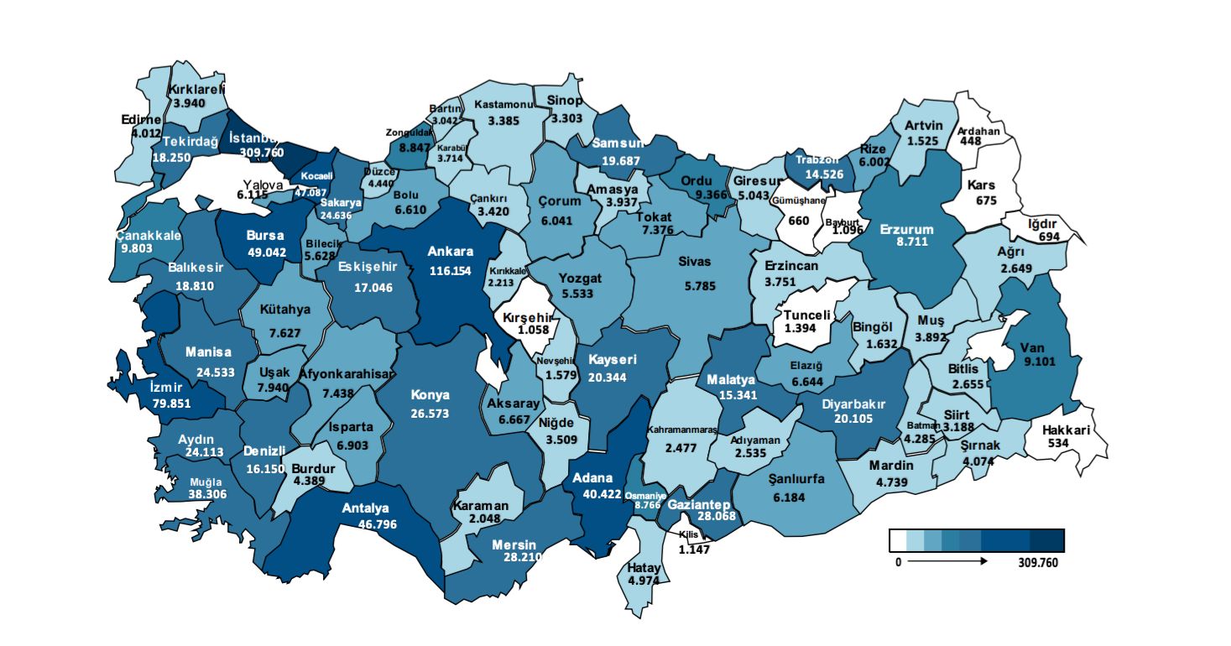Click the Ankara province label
click(x=451, y=251)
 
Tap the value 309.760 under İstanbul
click(x=262, y=153)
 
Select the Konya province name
click(x=430, y=394)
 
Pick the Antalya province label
click(x=365, y=508)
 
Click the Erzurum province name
click(x=906, y=228)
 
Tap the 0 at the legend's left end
click(x=897, y=563)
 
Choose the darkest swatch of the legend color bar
click(x=1049, y=539)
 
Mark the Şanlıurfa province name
click(x=796, y=479)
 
